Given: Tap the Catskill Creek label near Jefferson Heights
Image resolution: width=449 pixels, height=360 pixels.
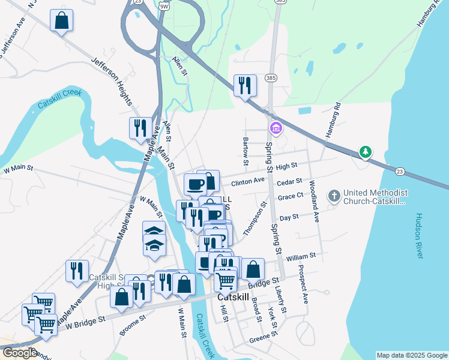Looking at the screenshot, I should [x=59, y=98].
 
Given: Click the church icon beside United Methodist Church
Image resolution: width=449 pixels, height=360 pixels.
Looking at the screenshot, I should [x=334, y=196].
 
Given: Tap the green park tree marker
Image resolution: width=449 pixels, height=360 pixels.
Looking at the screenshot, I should [x=365, y=152].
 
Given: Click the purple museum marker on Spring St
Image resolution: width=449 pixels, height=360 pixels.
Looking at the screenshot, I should [x=276, y=128].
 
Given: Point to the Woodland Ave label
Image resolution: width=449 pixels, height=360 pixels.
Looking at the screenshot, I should [x=313, y=201].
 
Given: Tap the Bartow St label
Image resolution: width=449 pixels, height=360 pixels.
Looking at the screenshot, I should [x=246, y=151].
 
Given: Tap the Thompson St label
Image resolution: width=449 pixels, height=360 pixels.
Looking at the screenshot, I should [x=255, y=220].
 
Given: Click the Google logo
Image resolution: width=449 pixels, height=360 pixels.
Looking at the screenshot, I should [x=19, y=353].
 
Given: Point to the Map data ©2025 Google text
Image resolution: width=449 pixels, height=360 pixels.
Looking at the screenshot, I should [x=411, y=355].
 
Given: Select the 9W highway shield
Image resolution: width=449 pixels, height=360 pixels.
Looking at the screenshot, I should [x=164, y=5].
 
